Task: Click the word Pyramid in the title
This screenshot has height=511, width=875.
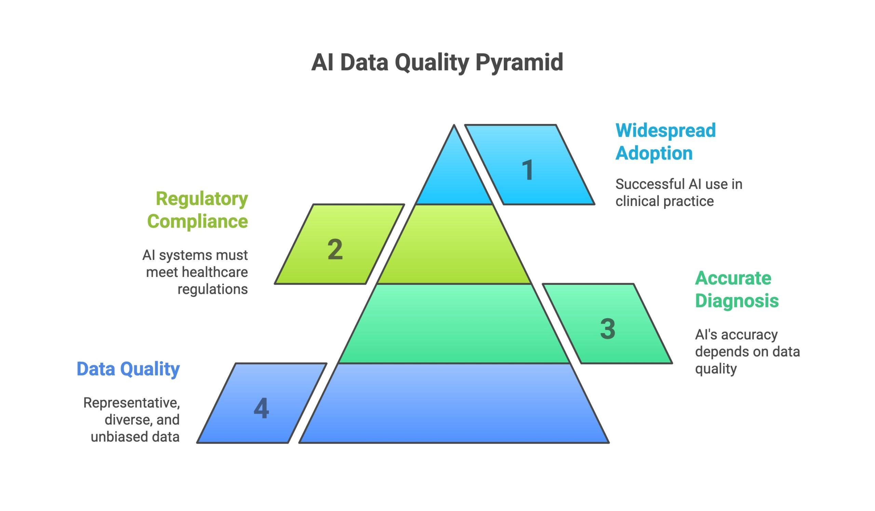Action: coord(519,63)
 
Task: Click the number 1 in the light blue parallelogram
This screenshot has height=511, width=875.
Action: coord(528,170)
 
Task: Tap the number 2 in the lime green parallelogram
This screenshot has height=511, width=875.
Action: coord(335,249)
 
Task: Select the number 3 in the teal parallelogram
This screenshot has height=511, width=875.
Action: coord(608,329)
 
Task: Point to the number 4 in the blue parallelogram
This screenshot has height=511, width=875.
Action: coord(261,408)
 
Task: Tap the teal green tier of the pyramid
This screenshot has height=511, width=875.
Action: coord(454,324)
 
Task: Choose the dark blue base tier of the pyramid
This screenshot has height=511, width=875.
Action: coord(454,404)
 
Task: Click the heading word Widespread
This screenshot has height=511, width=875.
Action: coord(665,130)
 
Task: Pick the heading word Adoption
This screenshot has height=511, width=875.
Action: coord(654,153)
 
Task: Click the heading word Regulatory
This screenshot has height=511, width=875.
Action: coord(202,199)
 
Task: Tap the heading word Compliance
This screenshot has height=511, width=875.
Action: coord(197,221)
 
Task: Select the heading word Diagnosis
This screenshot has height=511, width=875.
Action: coord(737,301)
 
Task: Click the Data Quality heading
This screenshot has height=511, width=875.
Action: coord(128,369)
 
